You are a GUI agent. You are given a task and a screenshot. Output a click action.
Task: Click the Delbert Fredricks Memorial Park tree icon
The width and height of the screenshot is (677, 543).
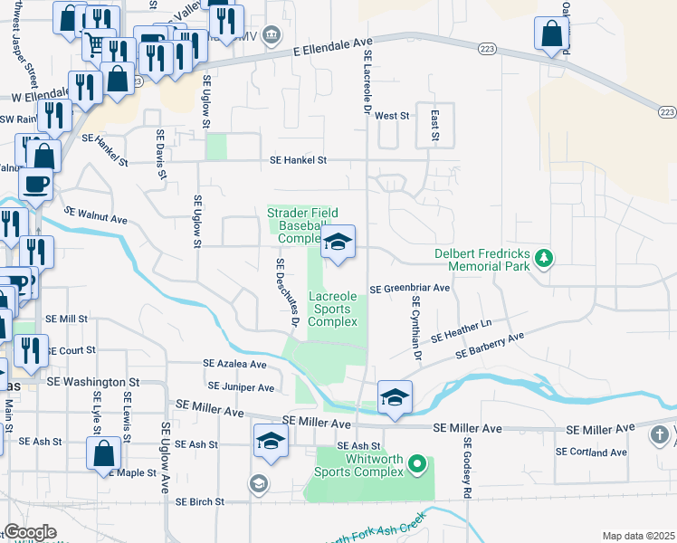coord(544,259)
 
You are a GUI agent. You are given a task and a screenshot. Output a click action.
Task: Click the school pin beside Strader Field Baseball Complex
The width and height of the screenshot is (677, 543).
coord(338,242)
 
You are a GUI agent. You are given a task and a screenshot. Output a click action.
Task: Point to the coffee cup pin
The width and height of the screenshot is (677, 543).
coord(36,184)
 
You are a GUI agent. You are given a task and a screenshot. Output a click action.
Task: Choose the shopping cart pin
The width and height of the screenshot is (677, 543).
coord(93,43)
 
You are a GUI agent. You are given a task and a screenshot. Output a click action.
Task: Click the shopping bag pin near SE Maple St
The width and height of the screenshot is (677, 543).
coord(104,452)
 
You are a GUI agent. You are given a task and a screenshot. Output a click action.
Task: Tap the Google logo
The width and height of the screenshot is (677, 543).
coord(30,532)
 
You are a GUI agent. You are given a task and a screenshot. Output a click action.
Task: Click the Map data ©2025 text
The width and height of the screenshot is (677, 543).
coord(638,536)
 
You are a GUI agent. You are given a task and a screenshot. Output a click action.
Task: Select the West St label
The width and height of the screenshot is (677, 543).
coord(392,116)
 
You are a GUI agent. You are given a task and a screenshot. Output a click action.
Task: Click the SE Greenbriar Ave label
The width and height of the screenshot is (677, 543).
coord(410,289)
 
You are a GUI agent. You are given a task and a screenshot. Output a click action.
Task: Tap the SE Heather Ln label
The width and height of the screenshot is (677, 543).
coord(461,329)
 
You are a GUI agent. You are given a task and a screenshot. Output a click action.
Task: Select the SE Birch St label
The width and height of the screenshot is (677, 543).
coord(199,501)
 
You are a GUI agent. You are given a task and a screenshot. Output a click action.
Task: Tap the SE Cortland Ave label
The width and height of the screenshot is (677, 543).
coord(591,452)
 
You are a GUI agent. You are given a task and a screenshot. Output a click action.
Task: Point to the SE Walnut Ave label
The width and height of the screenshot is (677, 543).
coord(95,218)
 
